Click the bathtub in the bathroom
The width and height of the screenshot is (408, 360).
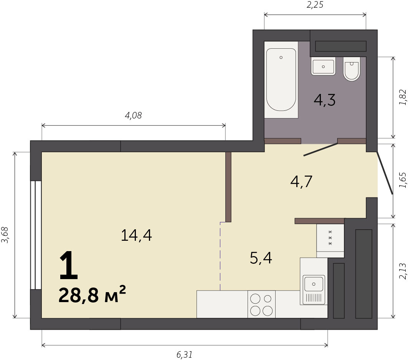[281, 79]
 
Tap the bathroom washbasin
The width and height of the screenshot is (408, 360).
[323, 66]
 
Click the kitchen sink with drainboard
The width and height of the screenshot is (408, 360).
[314, 289]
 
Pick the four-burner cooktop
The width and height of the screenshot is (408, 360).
[261, 304]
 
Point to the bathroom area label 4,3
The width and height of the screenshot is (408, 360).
[324, 100]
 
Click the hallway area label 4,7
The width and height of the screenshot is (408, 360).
[301, 181]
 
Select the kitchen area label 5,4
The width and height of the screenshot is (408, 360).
[261, 258]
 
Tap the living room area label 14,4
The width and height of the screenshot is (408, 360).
[136, 235]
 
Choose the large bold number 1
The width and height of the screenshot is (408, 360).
[69, 265]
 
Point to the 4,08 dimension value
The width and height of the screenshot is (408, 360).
[133, 115]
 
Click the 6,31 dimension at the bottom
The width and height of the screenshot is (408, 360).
[185, 355]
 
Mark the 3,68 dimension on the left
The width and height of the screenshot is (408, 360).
[5, 235]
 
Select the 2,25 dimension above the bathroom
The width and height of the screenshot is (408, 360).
[315, 5]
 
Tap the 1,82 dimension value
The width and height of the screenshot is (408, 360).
[402, 97]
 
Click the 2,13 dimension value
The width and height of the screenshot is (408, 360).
[402, 271]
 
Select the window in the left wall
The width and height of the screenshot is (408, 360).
[36, 235]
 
